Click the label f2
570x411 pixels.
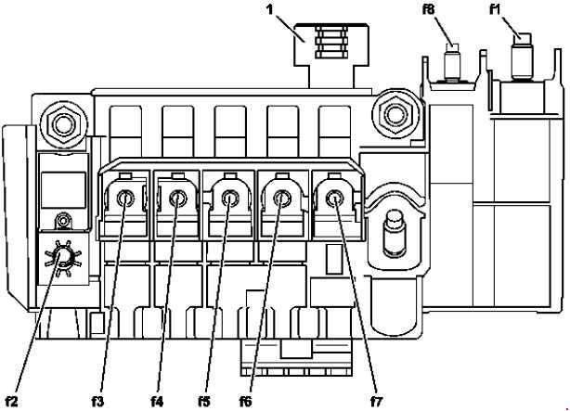[13, 401]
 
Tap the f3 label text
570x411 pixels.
[97, 401]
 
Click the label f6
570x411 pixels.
[246, 401]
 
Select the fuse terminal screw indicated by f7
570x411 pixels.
[331, 196]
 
